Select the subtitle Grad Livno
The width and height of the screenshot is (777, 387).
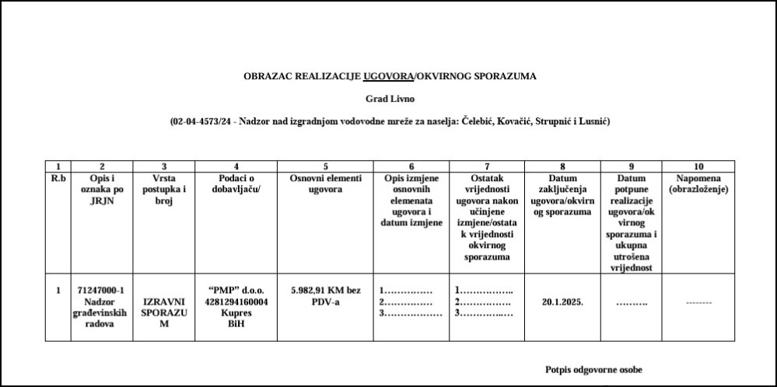(x=390, y=99)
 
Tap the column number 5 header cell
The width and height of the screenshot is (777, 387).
(x=325, y=166)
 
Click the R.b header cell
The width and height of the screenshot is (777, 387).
(x=58, y=178)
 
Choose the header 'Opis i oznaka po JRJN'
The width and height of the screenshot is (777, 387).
(x=102, y=189)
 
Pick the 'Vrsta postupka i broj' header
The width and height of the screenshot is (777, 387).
(x=163, y=189)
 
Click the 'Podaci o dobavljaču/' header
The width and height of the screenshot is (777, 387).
(x=236, y=183)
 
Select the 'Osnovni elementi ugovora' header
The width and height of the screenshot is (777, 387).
(x=325, y=183)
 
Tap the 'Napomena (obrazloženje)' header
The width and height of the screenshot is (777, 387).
(x=698, y=183)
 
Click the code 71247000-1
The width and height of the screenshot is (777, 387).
(x=101, y=291)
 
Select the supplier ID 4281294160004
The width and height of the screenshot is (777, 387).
(x=236, y=302)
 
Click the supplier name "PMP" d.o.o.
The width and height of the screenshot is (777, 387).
(x=236, y=291)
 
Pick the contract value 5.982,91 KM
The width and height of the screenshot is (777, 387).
(x=325, y=291)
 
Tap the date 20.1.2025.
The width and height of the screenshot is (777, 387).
(x=563, y=302)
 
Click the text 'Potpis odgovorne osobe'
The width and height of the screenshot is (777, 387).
(x=594, y=370)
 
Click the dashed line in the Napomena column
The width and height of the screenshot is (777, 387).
(x=698, y=302)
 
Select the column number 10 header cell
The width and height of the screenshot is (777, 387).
(x=698, y=166)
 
